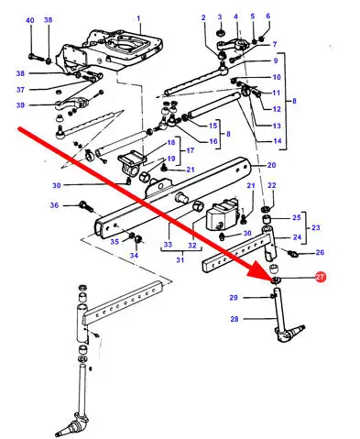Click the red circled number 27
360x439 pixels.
tap(321, 277)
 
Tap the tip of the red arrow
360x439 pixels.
tap(271, 280)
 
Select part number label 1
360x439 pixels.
tap(138, 18)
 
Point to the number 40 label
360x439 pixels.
tap(30, 20)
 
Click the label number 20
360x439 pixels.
tap(271, 165)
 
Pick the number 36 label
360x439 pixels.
tap(54, 205)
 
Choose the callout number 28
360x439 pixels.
tap(235, 319)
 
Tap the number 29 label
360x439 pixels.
tap(234, 297)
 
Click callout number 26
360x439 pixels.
tap(320, 252)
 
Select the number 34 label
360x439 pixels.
tap(134, 255)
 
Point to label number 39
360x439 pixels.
tap(20, 105)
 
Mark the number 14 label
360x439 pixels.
tap(277, 141)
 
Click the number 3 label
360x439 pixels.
tap(220, 17)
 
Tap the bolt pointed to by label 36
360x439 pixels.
tap(86, 205)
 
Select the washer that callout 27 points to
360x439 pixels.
tap(277, 280)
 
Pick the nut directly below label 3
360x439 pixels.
tap(220, 32)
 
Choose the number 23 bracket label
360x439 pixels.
tap(316, 227)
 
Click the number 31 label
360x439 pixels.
tap(180, 260)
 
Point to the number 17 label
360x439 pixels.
tap(190, 150)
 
